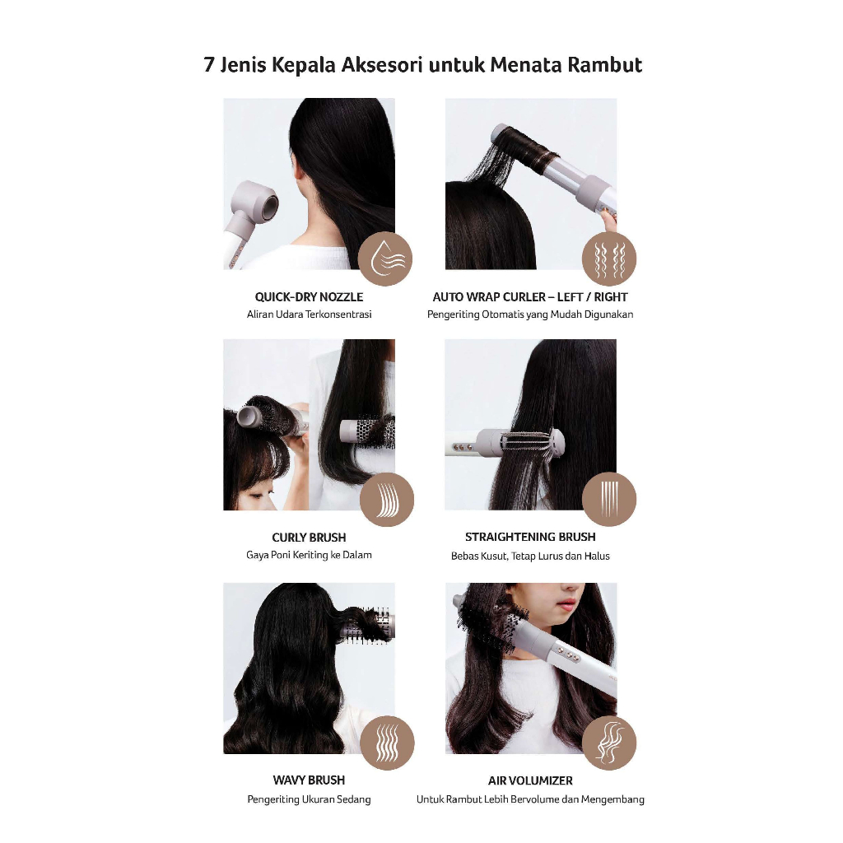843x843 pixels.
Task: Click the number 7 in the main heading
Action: pos(210,65)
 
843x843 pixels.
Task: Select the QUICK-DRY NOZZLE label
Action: pos(310,296)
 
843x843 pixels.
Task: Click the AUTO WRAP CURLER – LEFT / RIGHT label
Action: pos(530,296)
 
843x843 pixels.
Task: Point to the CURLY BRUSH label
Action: pos(310,537)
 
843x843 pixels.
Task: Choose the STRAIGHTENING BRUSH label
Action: pos(530,537)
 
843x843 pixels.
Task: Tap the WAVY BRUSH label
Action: pos(310,780)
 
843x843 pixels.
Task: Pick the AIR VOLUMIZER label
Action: pos(530,780)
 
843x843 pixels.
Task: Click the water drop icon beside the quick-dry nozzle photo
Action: pos(385,258)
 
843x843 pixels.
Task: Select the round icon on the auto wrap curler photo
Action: pos(609,258)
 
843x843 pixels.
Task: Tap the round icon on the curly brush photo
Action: pos(387,500)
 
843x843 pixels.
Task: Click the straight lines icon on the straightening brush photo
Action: pos(609,499)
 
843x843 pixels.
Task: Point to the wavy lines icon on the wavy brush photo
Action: pos(387,743)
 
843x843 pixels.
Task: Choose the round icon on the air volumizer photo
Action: pos(609,743)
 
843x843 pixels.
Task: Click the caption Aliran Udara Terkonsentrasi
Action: pos(310,314)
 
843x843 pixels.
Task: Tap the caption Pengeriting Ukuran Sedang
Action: pos(310,799)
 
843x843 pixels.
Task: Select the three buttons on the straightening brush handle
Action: pos(463,446)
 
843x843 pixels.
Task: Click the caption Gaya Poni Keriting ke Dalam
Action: pos(310,555)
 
